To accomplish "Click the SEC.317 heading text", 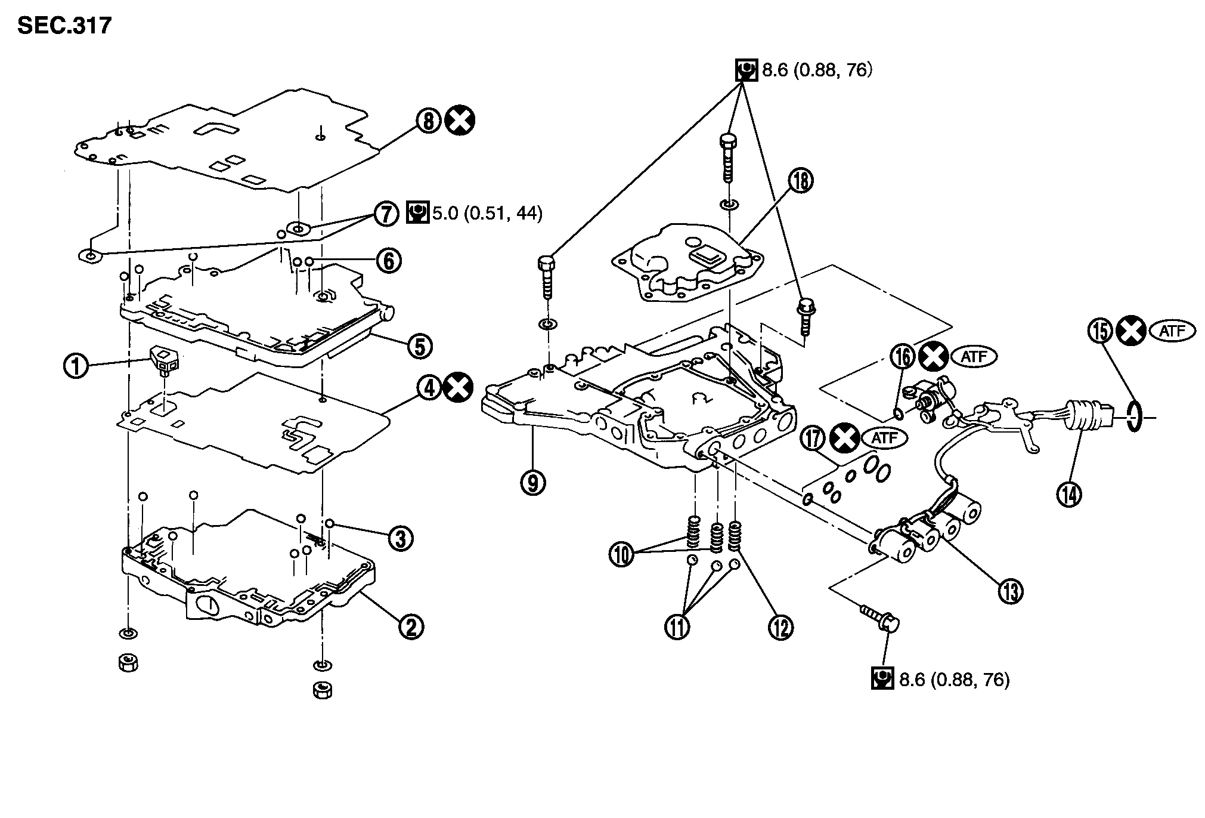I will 64,26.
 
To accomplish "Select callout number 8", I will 428,121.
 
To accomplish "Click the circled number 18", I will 801,180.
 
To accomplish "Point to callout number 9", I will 533,482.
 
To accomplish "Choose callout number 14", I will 1070,493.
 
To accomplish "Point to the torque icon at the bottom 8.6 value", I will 882,678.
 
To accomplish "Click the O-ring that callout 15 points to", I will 1135,416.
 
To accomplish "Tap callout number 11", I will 677,626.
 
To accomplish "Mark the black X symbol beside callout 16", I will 934,357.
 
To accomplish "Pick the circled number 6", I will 388,261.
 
